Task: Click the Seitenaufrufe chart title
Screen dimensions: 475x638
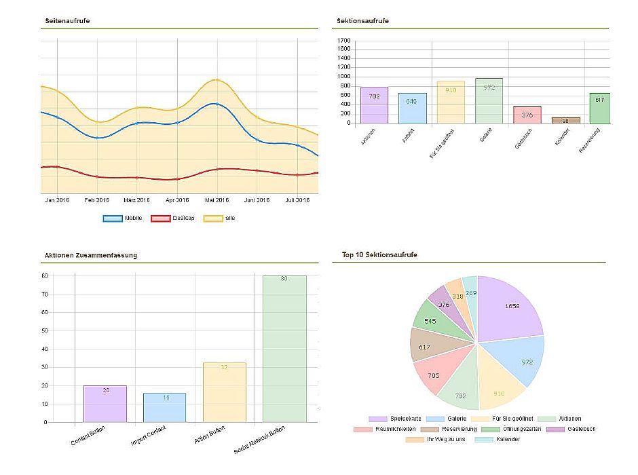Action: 67,21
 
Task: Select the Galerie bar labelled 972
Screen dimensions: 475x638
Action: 489,101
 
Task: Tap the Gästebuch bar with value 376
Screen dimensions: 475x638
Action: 527,115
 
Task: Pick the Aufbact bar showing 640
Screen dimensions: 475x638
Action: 412,109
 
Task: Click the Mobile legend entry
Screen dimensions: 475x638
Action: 122,218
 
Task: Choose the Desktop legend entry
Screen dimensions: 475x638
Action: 172,218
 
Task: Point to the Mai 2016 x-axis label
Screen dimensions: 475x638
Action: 217,200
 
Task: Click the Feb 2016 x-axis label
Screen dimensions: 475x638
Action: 96,200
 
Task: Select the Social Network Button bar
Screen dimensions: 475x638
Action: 284,349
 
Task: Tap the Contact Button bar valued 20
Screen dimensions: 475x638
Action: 105,404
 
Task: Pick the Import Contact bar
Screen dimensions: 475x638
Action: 164,407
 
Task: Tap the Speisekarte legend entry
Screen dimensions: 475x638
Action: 387,419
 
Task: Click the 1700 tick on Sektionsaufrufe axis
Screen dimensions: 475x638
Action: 343,41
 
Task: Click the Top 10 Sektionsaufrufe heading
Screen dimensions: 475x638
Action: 379,255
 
